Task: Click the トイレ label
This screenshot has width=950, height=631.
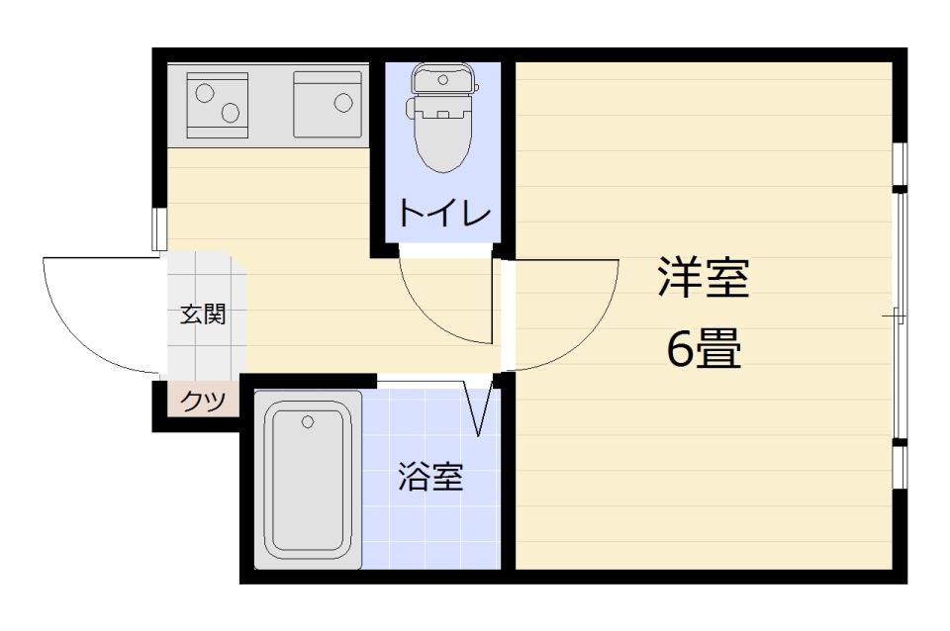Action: click(x=444, y=213)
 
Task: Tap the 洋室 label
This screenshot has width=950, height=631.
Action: click(x=704, y=277)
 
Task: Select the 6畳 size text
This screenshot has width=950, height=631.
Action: click(x=704, y=349)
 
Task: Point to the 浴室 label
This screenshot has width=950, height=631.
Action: click(x=430, y=477)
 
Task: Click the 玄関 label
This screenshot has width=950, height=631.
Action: click(x=204, y=315)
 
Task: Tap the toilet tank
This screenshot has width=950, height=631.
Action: click(x=443, y=79)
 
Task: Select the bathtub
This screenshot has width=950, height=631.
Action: click(x=308, y=481)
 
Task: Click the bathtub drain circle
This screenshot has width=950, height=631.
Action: click(x=308, y=421)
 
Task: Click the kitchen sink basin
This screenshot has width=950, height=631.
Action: click(x=328, y=105)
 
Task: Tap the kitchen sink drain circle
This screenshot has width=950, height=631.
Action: click(x=343, y=103)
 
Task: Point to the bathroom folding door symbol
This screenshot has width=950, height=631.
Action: click(x=479, y=406)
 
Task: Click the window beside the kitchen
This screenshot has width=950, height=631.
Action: click(x=159, y=228)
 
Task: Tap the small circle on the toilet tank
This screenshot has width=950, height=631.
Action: click(x=443, y=79)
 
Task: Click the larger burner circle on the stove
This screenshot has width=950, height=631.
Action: click(x=205, y=93)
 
